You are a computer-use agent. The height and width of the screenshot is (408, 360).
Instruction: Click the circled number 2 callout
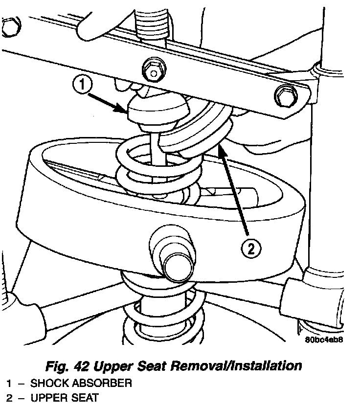click(x=250, y=249)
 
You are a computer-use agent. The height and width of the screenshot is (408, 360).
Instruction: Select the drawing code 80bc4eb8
click(x=323, y=341)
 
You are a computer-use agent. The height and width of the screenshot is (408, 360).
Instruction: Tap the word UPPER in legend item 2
click(x=46, y=398)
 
